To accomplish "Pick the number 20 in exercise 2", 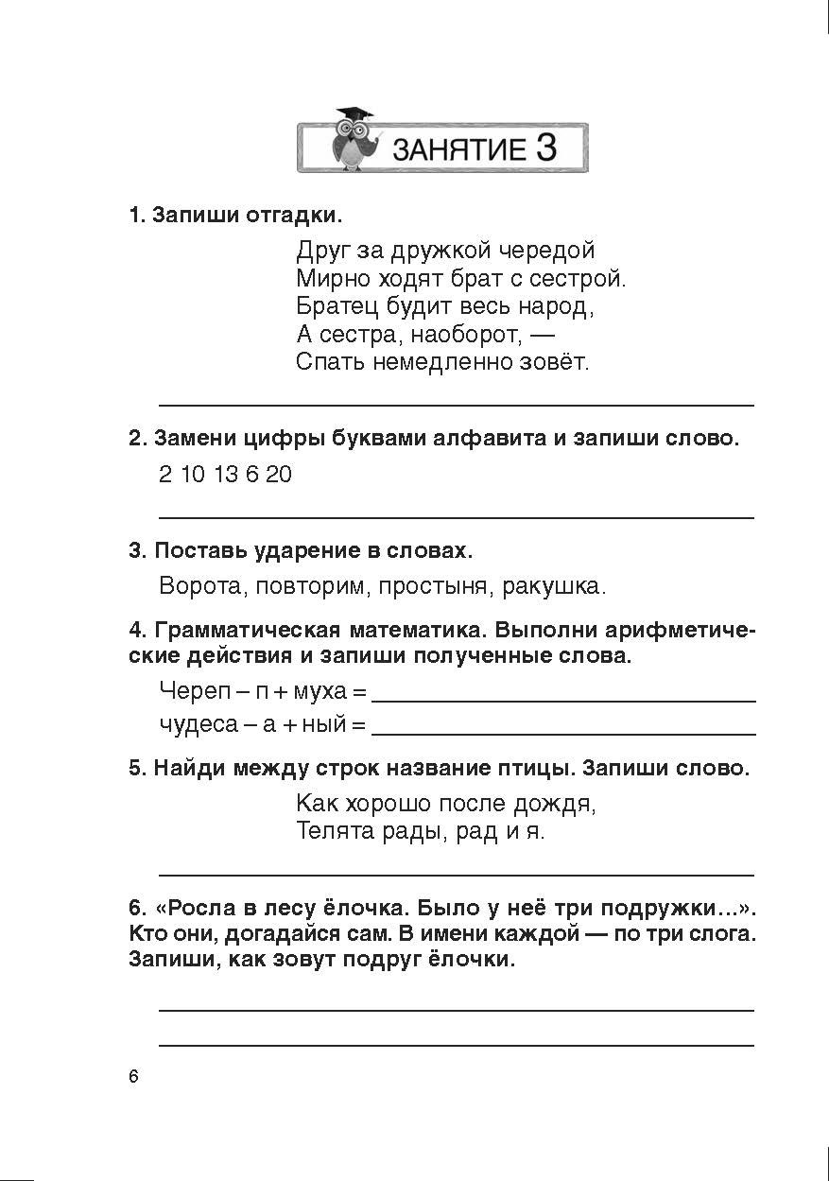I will pyautogui.click(x=279, y=475).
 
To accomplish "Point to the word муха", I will pyautogui.click(x=320, y=691).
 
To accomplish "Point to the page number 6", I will pyautogui.click(x=133, y=1078).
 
